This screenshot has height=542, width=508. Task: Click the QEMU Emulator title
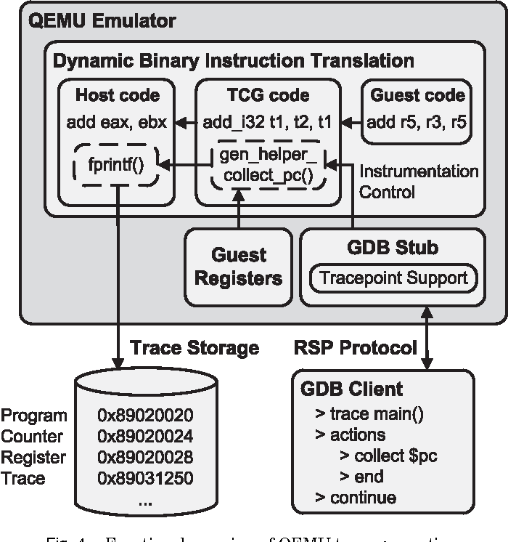(x=102, y=20)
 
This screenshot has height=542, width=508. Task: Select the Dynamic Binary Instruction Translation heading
(x=234, y=60)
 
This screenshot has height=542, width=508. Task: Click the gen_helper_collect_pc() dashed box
(x=268, y=165)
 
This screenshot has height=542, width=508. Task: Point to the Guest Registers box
(x=239, y=267)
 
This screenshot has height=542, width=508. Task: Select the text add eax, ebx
(x=116, y=122)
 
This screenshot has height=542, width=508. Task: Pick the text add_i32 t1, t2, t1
(x=268, y=122)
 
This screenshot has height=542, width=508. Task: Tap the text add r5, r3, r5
(x=417, y=122)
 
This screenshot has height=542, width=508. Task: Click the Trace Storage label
(x=194, y=348)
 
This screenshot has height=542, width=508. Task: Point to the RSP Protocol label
(x=356, y=348)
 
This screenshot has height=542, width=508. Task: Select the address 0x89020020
(x=145, y=416)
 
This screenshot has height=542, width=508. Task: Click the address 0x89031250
(x=145, y=478)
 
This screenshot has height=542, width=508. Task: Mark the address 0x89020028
(x=145, y=458)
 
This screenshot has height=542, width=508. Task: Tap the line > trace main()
(x=368, y=414)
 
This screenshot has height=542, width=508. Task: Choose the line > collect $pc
(x=388, y=456)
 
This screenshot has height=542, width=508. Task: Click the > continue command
(x=356, y=498)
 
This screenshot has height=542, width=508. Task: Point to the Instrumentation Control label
(x=419, y=182)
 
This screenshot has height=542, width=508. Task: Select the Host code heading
(x=117, y=95)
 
